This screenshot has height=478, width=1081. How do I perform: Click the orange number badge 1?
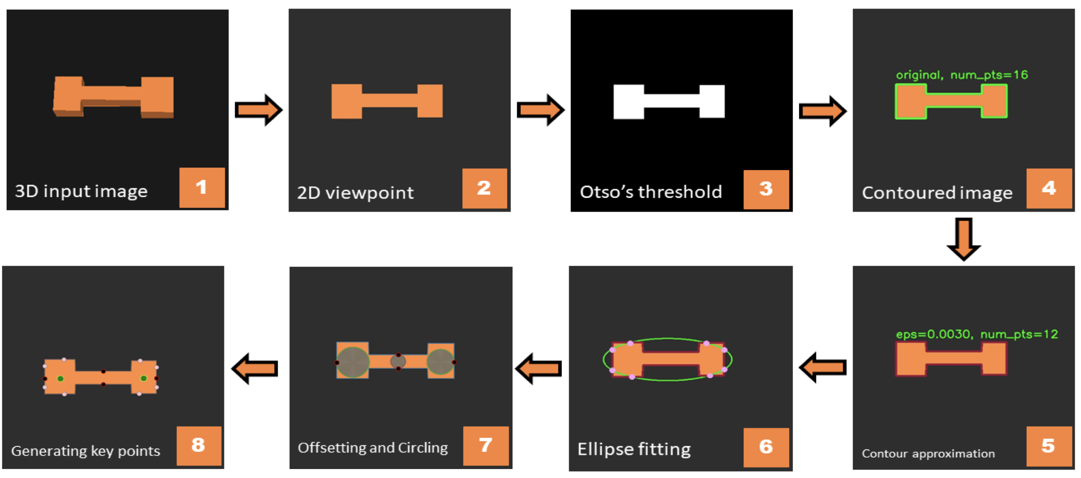pos(202,188)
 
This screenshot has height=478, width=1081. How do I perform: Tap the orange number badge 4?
pos(1048,188)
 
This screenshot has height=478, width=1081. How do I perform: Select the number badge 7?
pos(485,445)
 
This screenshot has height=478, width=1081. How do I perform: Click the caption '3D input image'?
pos(81,191)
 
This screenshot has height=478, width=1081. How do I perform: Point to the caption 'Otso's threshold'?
pos(651,192)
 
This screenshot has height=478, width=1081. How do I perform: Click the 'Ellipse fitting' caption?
pos(634,449)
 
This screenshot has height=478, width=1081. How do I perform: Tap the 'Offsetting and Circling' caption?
pos(373,447)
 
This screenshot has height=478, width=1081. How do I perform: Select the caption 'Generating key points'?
pos(86,451)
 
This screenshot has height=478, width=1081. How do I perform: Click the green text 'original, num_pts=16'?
pos(961,75)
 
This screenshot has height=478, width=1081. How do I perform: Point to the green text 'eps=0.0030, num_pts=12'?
pos(977,334)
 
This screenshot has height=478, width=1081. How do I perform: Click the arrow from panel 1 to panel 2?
pos(258,110)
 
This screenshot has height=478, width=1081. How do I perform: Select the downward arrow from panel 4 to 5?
pos(964,239)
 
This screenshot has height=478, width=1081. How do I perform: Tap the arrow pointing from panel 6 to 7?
pos(539,368)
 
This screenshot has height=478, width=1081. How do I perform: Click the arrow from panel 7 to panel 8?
pos(255,368)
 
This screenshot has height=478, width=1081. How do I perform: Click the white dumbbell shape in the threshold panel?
pos(669,101)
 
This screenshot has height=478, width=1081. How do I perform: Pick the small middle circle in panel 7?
pos(398,362)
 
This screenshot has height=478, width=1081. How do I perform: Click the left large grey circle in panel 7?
pos(352,362)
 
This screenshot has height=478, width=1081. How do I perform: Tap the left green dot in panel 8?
pos(60,379)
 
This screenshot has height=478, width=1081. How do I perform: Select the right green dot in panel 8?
pos(144,378)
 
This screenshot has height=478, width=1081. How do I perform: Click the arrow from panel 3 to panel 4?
pos(823,111)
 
